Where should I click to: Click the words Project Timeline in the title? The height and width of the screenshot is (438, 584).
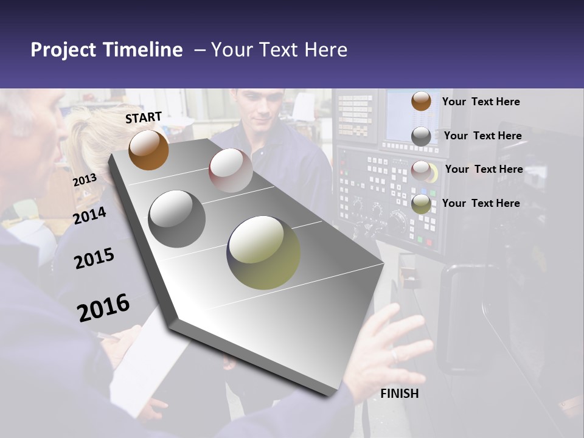click(x=106, y=50)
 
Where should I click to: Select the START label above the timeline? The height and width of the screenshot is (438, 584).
click(x=144, y=117)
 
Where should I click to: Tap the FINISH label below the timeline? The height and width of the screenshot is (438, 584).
click(x=400, y=394)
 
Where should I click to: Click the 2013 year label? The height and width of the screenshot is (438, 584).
click(x=85, y=180)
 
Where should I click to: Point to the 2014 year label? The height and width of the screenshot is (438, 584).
click(x=89, y=215)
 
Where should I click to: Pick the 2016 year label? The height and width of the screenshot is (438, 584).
click(x=103, y=308)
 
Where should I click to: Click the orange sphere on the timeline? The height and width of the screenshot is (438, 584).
click(x=148, y=150)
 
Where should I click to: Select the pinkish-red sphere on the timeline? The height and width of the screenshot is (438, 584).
click(x=230, y=170)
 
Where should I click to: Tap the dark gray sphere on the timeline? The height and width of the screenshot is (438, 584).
click(x=177, y=219)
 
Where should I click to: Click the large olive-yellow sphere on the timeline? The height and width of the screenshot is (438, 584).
click(x=263, y=252)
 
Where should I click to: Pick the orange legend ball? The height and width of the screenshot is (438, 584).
click(x=421, y=102)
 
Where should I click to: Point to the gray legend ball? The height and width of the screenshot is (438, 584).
click(x=421, y=136)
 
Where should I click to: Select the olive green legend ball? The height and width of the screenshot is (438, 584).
click(x=421, y=204)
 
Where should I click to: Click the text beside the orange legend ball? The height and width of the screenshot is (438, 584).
click(x=481, y=102)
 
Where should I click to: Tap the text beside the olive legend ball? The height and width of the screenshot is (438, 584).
click(x=481, y=203)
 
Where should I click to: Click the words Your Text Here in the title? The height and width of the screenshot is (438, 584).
click(x=279, y=50)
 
